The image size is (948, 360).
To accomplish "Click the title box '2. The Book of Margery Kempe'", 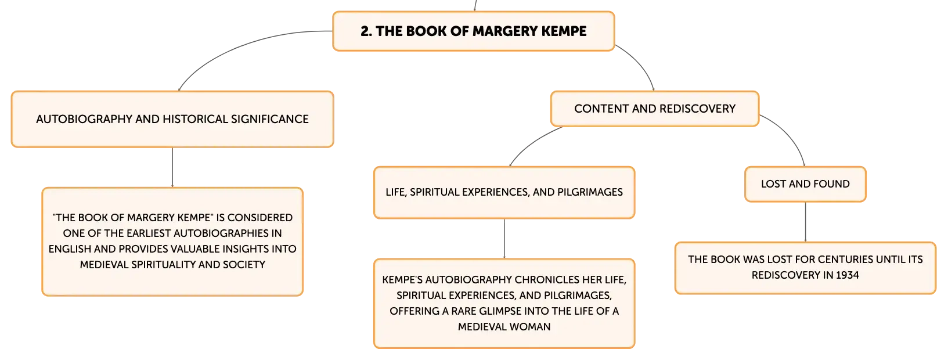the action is click(474, 31).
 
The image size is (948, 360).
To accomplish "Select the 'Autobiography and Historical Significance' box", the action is click(172, 119).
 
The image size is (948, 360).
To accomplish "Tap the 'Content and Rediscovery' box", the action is click(655, 109).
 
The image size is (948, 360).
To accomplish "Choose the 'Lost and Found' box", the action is click(805, 184).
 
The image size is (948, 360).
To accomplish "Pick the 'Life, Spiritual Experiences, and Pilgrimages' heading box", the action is click(504, 192).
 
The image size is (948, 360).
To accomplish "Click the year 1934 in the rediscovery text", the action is click(847, 275).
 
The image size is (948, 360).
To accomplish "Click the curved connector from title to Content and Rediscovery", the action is click(640, 63).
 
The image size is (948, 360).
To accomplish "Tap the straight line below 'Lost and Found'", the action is click(805, 221).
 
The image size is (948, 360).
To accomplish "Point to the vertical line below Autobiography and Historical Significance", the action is click(172, 167).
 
